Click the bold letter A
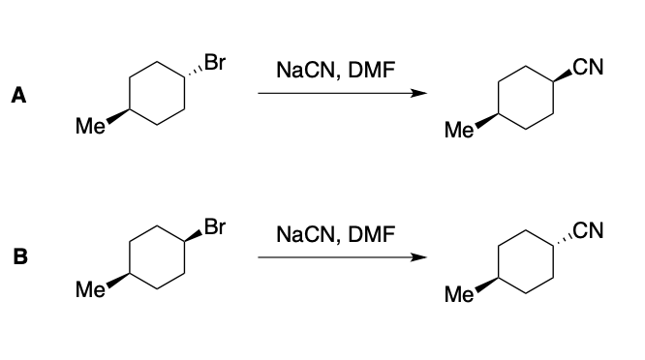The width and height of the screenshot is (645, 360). click(17, 96)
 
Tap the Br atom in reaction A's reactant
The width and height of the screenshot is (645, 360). click(215, 66)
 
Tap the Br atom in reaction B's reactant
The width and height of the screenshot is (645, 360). click(215, 229)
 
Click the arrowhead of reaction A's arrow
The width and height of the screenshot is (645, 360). click(419, 94)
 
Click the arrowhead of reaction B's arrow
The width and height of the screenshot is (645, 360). click(419, 258)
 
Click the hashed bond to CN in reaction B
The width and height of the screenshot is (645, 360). click(562, 240)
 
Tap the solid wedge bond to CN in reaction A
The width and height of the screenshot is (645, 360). click(562, 76)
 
